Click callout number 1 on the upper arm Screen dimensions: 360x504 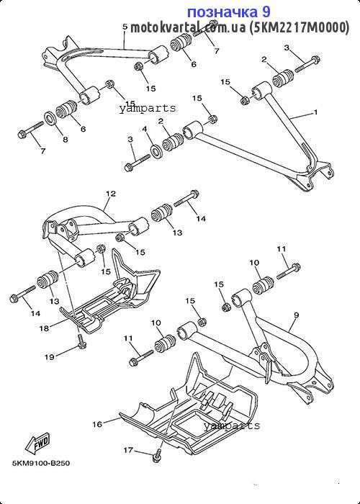pos(315,112)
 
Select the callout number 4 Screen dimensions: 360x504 pos(145,129)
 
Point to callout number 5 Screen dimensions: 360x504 pos(125,27)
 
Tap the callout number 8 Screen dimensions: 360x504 pos(66,140)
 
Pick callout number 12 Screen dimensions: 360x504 pos(111,194)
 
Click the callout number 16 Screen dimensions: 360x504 pos(97,424)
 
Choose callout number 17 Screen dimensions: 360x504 pos(128,450)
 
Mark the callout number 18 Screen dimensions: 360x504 pos(45,328)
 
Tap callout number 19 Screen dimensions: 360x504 pos(50,356)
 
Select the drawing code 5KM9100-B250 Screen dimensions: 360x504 pos(41,463)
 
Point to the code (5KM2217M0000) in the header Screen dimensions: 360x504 pos(299,27)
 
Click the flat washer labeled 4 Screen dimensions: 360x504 pos(157,150)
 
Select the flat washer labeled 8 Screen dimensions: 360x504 pos(50,118)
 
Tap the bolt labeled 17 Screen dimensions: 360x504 pos(156,456)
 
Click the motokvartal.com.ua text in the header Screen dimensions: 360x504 pos(188,27)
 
